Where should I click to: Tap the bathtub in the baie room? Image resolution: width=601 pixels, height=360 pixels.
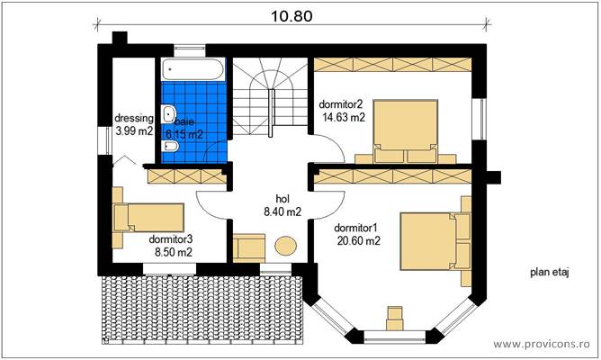click(x=193, y=70)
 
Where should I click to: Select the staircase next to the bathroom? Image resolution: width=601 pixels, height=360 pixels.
click(x=265, y=97)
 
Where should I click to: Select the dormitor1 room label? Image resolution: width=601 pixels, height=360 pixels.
click(x=356, y=228)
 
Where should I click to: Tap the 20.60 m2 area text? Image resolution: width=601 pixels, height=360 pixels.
click(x=356, y=240)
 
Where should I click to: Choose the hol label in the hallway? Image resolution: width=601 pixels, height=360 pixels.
click(x=282, y=200)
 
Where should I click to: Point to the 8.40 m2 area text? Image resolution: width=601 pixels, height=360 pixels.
click(x=282, y=212)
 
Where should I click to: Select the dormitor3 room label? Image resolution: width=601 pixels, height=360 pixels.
click(x=171, y=240)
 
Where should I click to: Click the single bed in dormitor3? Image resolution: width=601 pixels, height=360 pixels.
click(x=148, y=217)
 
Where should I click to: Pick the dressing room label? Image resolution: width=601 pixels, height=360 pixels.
click(x=134, y=119)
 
